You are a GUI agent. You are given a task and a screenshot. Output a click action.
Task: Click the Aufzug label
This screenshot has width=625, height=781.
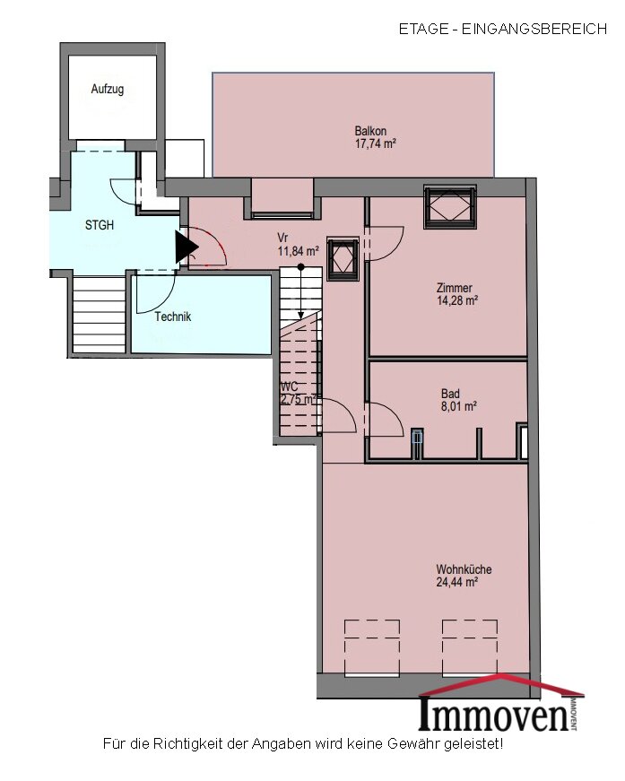coord(107,90)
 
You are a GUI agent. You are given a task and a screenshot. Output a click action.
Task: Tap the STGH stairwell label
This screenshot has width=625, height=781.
coord(100,225)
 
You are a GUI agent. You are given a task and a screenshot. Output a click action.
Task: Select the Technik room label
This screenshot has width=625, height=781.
coord(173,317)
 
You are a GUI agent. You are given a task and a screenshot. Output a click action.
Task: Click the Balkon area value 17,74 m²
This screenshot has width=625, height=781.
coord(376,144)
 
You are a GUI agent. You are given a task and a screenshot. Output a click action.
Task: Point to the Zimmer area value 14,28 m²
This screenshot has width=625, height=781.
coord(457,300)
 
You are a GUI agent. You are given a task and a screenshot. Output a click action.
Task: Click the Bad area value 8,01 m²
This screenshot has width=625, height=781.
coord(459,406)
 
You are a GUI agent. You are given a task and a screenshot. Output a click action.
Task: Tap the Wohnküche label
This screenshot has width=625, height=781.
coord(464,569)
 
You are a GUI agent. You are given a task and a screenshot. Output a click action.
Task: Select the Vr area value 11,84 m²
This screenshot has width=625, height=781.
coord(299,251)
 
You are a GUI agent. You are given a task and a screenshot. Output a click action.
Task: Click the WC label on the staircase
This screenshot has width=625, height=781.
coord(290,387)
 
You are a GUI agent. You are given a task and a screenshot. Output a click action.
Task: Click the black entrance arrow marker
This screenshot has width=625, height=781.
coord(186,247)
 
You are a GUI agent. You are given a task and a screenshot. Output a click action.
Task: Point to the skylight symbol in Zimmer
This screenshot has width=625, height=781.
coord(450,207)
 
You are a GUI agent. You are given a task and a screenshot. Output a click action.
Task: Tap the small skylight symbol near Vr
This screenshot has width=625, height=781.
coord(343,259)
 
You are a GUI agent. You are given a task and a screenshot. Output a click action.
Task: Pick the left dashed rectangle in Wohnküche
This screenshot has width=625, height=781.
coord(372,647)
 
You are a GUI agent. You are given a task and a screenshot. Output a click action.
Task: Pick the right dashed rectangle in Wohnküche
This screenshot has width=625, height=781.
coord(470,647)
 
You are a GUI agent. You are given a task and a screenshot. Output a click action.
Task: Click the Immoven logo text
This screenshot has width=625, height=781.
coord(495,713)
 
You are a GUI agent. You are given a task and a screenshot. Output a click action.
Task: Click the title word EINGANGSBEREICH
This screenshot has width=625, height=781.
coord(534,29)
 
